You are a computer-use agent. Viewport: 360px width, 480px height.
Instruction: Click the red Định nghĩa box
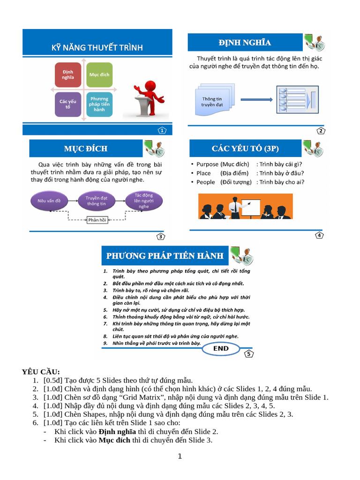coord(68,75)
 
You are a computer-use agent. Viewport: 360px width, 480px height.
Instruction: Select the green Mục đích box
coord(99,75)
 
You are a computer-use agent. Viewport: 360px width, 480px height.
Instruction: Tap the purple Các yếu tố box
coord(68,104)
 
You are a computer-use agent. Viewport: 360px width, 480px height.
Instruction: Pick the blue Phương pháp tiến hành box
coord(99,104)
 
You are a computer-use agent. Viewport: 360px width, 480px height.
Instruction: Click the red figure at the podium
coord(148,99)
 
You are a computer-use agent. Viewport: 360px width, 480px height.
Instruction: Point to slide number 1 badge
coord(162,130)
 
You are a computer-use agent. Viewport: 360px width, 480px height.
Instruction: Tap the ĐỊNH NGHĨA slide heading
coord(245,43)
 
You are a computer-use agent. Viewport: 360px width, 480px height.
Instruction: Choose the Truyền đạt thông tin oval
coord(96,201)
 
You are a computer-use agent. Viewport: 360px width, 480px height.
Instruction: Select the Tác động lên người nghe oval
coord(143,201)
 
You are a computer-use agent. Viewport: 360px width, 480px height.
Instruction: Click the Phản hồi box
coord(97,220)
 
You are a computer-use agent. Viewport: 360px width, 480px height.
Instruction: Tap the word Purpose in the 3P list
coord(207,165)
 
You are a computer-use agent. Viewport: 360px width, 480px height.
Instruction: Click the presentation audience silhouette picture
coord(245,208)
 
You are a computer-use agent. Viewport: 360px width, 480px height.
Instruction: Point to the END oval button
coord(221,349)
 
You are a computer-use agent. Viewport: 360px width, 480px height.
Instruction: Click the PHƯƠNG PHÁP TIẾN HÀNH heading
coord(165,256)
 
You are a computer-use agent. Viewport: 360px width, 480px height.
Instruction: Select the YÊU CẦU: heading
coord(41,372)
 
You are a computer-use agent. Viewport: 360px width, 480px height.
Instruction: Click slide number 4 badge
coord(319,235)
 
